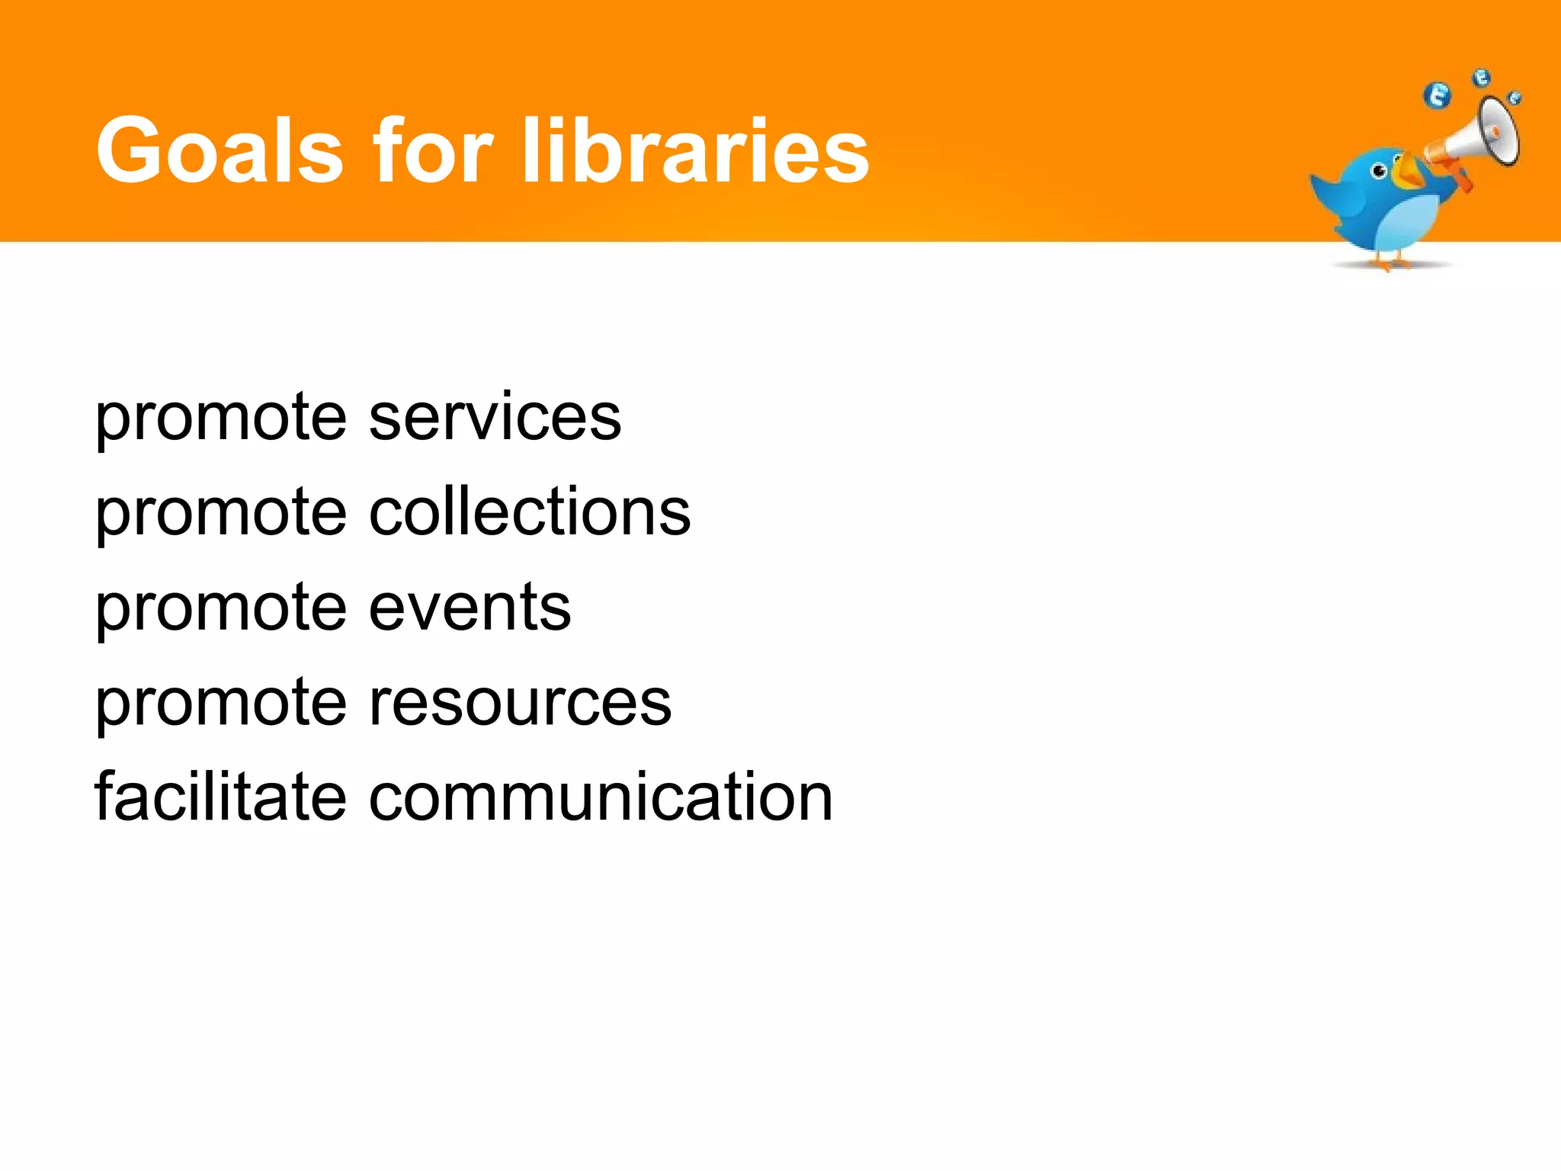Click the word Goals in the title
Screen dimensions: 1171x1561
[x=220, y=150]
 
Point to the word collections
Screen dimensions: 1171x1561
[x=530, y=512]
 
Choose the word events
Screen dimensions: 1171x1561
[x=470, y=608]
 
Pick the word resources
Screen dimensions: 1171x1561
[x=521, y=703]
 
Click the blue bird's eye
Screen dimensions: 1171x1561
[x=1379, y=172]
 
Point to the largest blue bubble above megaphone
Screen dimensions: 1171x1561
[x=1438, y=96]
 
